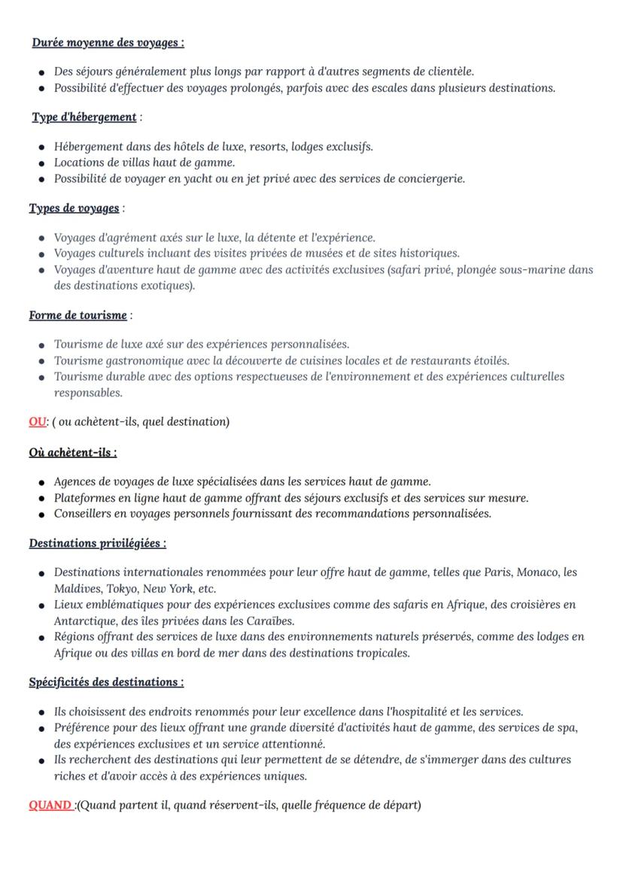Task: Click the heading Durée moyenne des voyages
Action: click(108, 43)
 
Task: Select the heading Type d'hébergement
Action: click(84, 117)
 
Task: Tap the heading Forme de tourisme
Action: click(78, 315)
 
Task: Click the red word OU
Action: click(38, 422)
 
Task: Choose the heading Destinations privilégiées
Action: click(98, 543)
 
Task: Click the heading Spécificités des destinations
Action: click(106, 682)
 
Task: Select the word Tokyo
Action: click(122, 589)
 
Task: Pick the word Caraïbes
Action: click(268, 621)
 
